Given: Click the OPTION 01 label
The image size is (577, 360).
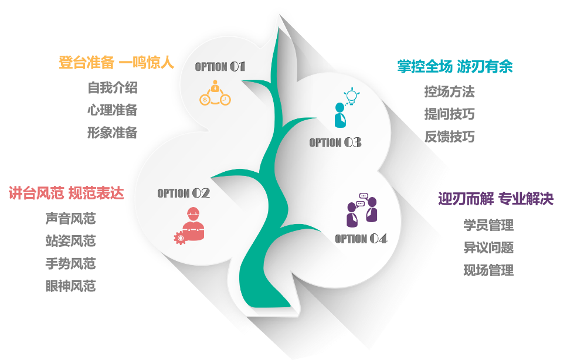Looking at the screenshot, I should [x=220, y=67].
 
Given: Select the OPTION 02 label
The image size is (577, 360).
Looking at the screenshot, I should [x=184, y=193].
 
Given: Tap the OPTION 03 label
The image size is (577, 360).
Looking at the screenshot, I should [x=335, y=142].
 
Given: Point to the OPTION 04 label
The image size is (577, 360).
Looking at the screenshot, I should [x=361, y=239].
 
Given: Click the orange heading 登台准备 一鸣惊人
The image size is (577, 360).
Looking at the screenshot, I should [x=117, y=63].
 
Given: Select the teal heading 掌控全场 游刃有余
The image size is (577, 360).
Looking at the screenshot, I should [x=455, y=67].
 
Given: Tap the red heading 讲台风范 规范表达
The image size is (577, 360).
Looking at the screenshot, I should [x=66, y=193].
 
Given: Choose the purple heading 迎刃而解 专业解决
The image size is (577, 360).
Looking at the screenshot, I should [x=496, y=199].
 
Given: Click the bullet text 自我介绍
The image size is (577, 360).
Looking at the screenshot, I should [x=113, y=88].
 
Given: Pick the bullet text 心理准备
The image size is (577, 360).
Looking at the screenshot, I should [x=113, y=110].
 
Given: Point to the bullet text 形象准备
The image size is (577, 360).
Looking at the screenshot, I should [x=113, y=133].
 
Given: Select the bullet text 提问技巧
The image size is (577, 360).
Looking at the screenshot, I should [x=450, y=114].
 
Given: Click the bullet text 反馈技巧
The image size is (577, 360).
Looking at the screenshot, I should [x=450, y=137].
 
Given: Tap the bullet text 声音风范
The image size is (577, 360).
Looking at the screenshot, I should [x=70, y=219].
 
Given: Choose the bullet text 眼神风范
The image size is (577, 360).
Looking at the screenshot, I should [x=70, y=286].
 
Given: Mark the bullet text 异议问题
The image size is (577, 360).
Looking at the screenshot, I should [x=488, y=248].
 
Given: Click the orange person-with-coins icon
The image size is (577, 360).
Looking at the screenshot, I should [x=215, y=93].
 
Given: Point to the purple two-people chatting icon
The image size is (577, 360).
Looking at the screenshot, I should [x=361, y=210].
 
